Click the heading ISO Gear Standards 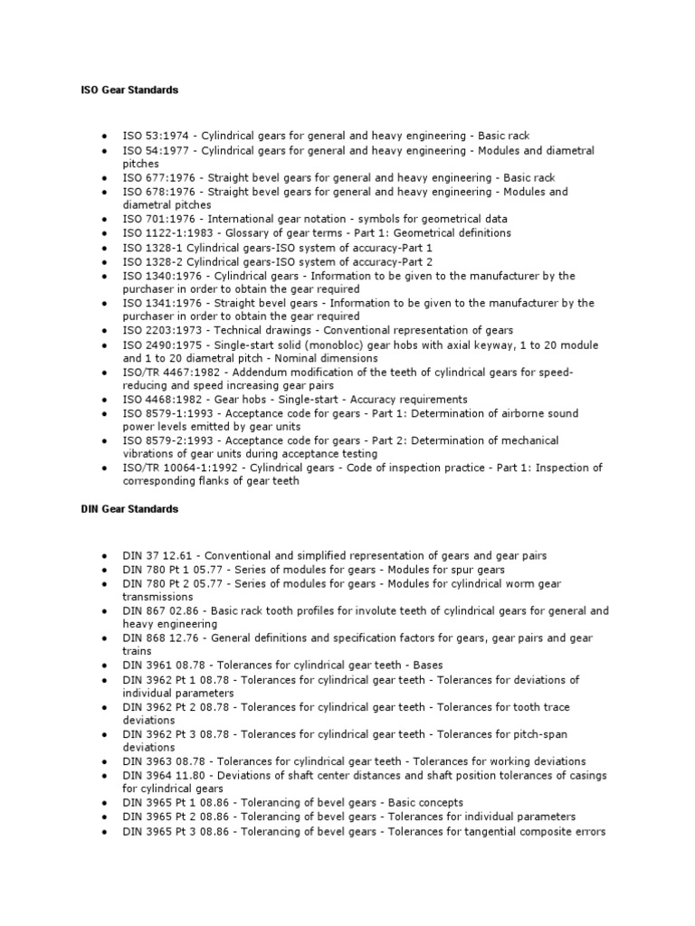[125, 90]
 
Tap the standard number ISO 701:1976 [161, 219]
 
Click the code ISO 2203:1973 [164, 330]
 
